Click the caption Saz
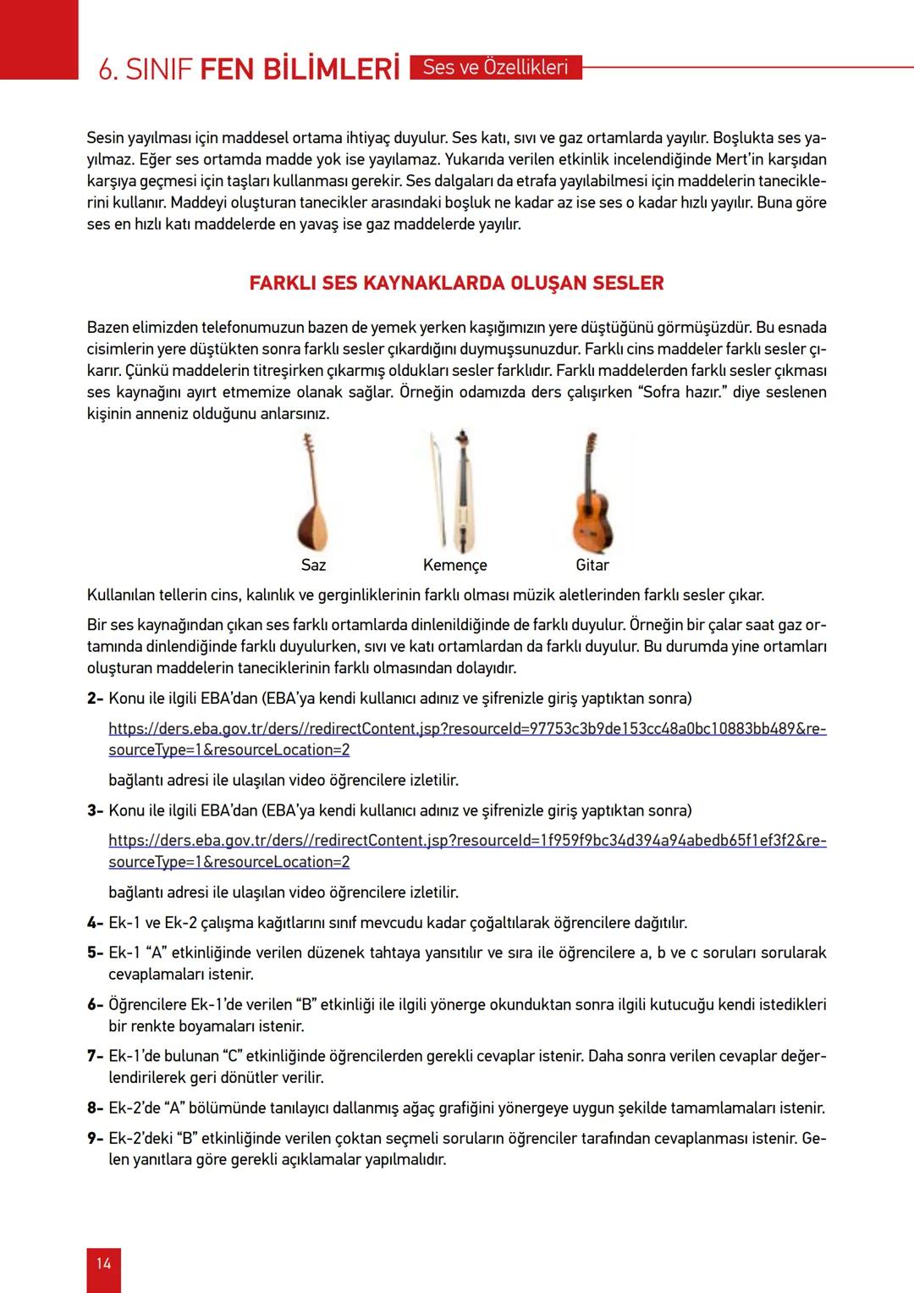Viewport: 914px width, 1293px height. pyautogui.click(x=313, y=565)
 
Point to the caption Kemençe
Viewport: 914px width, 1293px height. pyautogui.click(x=455, y=565)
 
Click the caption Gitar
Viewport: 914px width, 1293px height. pyautogui.click(x=592, y=565)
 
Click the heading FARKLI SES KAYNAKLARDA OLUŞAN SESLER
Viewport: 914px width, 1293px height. pyautogui.click(x=456, y=284)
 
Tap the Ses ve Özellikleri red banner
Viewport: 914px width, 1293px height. pyautogui.click(x=495, y=68)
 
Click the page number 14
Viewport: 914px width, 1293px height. pyautogui.click(x=103, y=1263)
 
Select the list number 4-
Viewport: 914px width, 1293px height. pyautogui.click(x=95, y=923)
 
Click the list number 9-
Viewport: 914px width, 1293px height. pyautogui.click(x=95, y=1138)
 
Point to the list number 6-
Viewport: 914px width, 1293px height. pyautogui.click(x=95, y=1005)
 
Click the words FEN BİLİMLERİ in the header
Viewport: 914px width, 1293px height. pyautogui.click(x=300, y=69)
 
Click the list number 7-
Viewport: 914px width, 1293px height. pyautogui.click(x=95, y=1057)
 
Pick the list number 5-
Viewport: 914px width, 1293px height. pyautogui.click(x=95, y=953)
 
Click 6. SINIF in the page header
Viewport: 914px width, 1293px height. pyautogui.click(x=146, y=69)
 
